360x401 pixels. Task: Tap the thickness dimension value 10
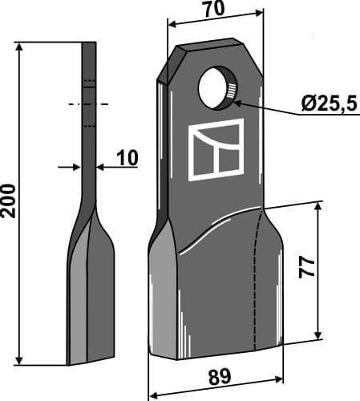coord(126,160)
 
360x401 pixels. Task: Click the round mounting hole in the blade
coord(216,88)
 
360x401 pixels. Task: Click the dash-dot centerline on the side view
coord(88,103)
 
